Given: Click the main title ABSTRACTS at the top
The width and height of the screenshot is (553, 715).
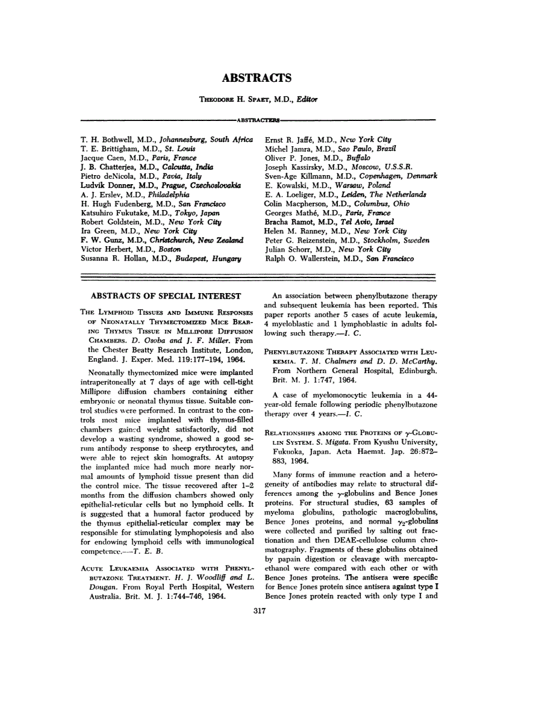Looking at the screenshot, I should point(257,78).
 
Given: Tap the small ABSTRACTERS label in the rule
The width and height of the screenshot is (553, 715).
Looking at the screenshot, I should point(257,120).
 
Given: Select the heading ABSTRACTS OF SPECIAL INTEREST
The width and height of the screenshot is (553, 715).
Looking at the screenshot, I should point(166,296).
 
